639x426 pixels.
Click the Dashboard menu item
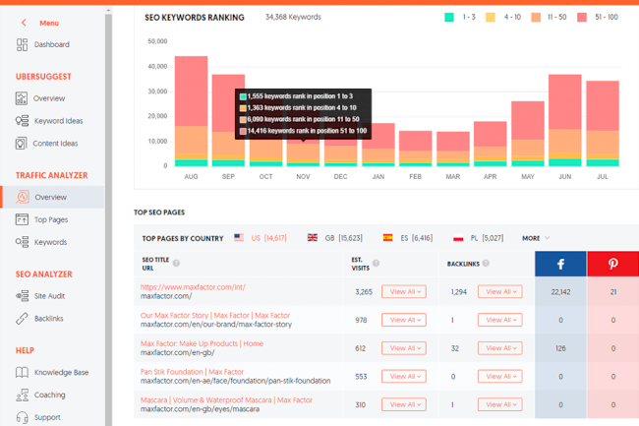[50, 44]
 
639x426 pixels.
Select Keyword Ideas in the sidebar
[58, 121]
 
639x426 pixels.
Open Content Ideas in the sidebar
[55, 144]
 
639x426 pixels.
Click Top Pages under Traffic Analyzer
[51, 219]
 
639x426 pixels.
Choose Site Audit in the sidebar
[50, 296]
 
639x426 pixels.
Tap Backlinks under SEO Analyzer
[50, 319]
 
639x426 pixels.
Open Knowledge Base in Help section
[61, 372]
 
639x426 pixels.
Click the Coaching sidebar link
[50, 395]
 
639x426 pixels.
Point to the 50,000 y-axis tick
[157, 41]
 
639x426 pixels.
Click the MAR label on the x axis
[452, 177]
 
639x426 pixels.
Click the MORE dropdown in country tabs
[536, 238]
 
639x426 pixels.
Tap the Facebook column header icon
[560, 264]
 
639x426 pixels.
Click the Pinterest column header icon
[612, 264]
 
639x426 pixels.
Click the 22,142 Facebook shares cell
[560, 292]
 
